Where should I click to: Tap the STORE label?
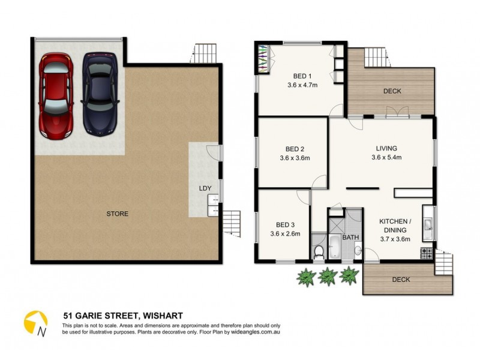tap(118, 214)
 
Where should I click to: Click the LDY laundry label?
tap(205, 188)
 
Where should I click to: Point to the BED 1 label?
tap(302, 76)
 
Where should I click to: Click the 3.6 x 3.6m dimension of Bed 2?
tap(294, 158)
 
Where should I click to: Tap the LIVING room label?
tap(386, 148)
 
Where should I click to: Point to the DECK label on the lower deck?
tap(402, 280)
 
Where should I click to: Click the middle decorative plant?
tap(328, 275)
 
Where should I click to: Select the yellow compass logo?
tap(35, 323)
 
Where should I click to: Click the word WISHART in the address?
tap(161, 315)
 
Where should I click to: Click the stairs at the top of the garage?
tap(203, 53)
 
